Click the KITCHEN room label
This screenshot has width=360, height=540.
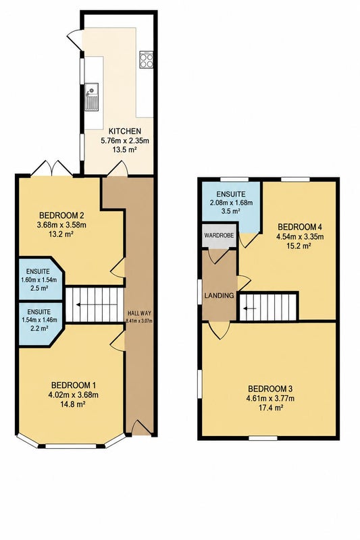pos(125,131)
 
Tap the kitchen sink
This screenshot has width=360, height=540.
pos(92,97)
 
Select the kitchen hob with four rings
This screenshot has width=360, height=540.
pos(147,59)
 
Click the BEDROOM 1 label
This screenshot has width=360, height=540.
pos(74,385)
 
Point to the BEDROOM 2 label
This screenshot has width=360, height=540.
pos(61,216)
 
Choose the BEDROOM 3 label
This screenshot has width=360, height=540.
pos(270,389)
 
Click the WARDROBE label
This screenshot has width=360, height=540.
pos(219,236)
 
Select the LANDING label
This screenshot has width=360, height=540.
pos(219,296)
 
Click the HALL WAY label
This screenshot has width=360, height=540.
pos(139,313)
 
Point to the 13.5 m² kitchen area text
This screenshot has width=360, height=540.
pos(125,150)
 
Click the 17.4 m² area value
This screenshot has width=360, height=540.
pos(270,408)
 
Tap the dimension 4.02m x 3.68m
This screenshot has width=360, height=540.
pos(74,395)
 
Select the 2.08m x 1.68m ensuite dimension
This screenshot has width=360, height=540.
pos(231,203)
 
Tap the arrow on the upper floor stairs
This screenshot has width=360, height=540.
pos(250,308)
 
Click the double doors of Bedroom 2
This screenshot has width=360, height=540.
pos(53,169)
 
